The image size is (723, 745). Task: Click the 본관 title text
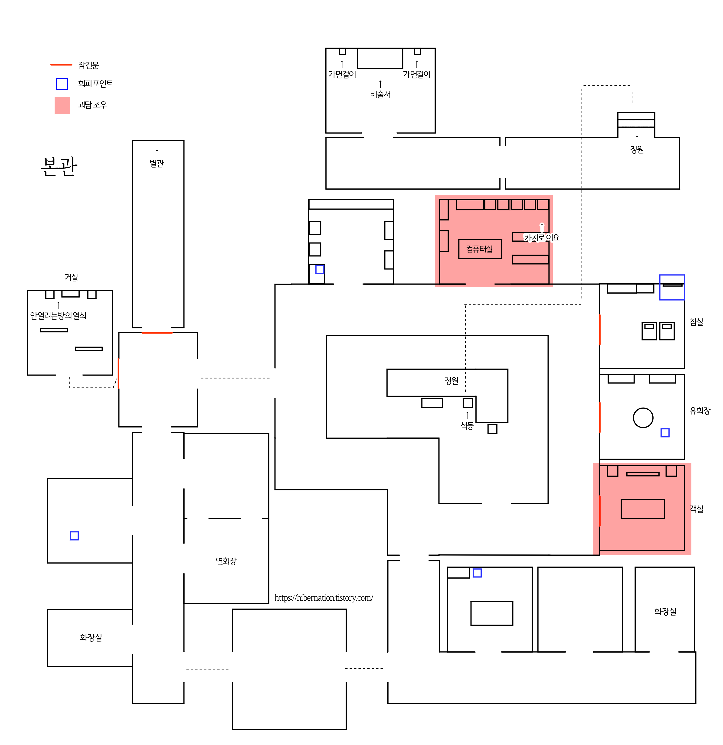point(59,166)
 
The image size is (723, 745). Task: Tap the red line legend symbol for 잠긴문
point(61,65)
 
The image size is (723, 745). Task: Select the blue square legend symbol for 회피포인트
point(62,84)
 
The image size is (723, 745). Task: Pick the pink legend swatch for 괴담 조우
point(62,105)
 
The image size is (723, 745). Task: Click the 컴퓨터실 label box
point(480,249)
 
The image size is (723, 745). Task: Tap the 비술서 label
point(380,94)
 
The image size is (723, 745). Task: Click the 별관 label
point(157,163)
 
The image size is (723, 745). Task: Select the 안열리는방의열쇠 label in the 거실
point(58,315)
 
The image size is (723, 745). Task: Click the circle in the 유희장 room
point(643,418)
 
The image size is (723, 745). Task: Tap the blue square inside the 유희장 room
point(665,433)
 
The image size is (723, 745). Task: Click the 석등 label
point(467,426)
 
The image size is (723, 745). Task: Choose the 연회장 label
point(226,561)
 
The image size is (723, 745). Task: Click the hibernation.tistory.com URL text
point(324,598)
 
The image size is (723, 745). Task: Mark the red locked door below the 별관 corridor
point(157,333)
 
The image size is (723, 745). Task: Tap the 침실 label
point(696,322)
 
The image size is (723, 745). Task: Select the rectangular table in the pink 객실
point(643,509)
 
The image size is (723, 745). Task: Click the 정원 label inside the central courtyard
point(451,380)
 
